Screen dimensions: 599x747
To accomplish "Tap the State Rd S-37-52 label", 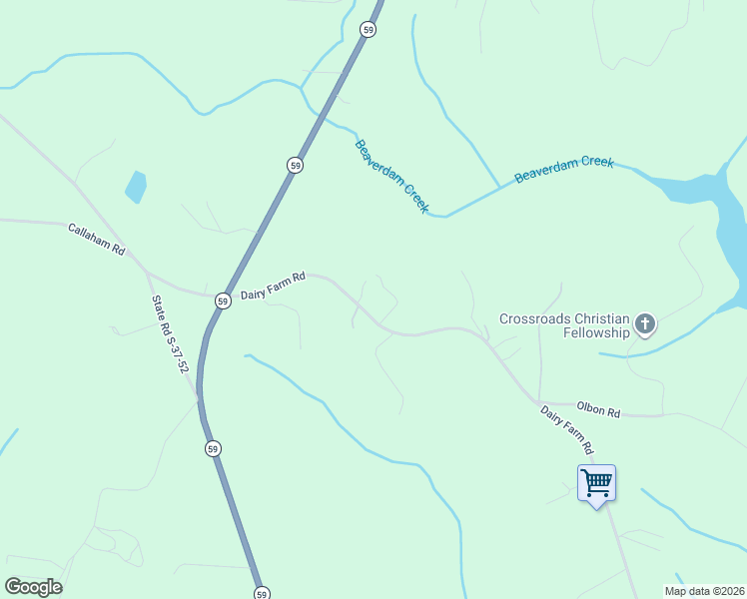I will [x=170, y=333].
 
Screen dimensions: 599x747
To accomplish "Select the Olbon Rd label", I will [x=598, y=410].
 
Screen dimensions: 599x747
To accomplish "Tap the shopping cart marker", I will [x=596, y=484].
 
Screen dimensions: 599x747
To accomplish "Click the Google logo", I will [x=33, y=586].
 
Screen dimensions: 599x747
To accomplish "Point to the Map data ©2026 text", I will [x=704, y=591].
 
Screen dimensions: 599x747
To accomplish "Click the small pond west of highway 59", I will [x=135, y=186].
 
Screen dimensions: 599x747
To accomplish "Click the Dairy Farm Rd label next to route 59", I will [x=272, y=286].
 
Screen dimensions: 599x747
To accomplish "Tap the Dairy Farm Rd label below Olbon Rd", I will [x=567, y=429].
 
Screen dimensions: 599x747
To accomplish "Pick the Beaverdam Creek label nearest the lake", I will [x=563, y=170].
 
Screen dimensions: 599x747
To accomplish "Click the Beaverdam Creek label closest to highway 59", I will [x=391, y=177].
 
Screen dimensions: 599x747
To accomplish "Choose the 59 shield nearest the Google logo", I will [x=261, y=593].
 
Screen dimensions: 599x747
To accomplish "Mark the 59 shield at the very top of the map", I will [x=370, y=30].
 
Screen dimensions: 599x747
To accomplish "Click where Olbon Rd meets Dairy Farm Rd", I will [x=539, y=404].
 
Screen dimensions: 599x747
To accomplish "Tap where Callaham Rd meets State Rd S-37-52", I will [x=146, y=271].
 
